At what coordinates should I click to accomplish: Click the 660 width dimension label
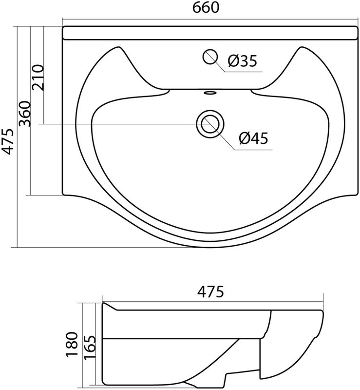[x=207, y=8]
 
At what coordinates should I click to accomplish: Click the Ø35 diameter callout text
[x=242, y=61]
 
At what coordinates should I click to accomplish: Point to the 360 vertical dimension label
[x=25, y=114]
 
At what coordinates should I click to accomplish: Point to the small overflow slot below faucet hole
[x=210, y=92]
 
